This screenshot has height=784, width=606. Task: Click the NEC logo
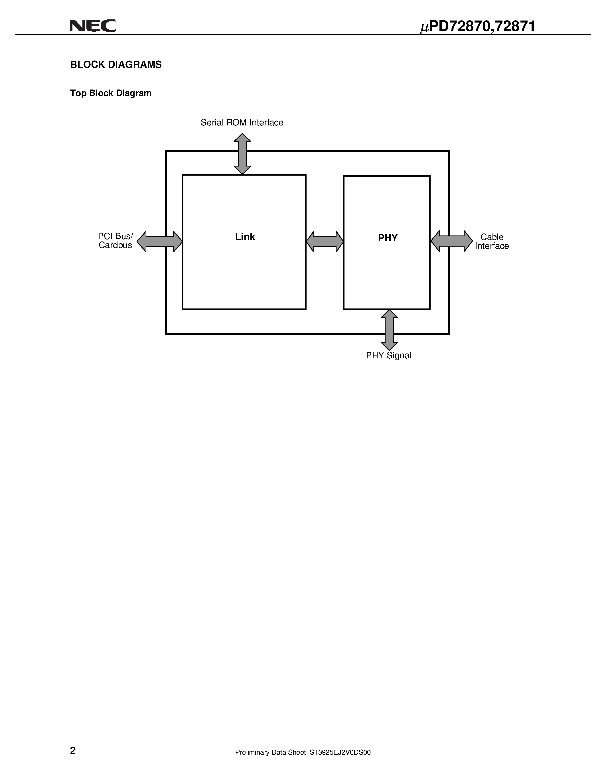coord(93,26)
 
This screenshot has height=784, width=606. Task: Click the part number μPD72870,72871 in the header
coord(477,27)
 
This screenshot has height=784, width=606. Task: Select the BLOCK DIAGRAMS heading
coord(116,65)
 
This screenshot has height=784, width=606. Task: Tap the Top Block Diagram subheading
coord(111,93)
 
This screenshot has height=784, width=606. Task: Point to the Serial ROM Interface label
coord(242,123)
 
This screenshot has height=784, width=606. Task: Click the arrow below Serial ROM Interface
coord(242,154)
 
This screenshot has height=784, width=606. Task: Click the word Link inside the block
coord(245,237)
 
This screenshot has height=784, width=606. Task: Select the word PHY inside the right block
coord(388,238)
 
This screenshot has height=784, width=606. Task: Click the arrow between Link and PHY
coord(325,241)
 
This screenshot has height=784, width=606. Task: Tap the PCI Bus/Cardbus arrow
coord(160,241)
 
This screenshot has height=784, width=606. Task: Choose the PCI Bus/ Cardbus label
coord(115,241)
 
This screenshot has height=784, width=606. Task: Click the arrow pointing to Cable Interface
coord(452,241)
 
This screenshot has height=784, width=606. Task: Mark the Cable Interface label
coord(492,241)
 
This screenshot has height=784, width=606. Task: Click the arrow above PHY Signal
coord(389,330)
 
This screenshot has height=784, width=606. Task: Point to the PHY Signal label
coord(388,356)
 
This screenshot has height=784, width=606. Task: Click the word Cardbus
coord(115,245)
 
